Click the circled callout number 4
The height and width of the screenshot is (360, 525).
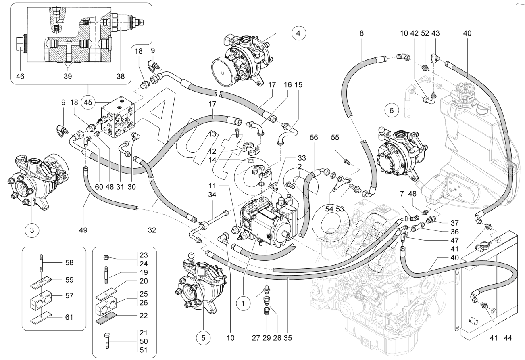[298, 33]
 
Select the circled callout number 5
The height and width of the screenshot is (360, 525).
[204, 337]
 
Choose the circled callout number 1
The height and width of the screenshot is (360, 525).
[243, 302]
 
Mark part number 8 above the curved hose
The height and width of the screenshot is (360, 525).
[362, 33]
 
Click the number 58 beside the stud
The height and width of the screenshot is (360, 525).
[69, 263]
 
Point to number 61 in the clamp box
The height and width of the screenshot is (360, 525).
[69, 318]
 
